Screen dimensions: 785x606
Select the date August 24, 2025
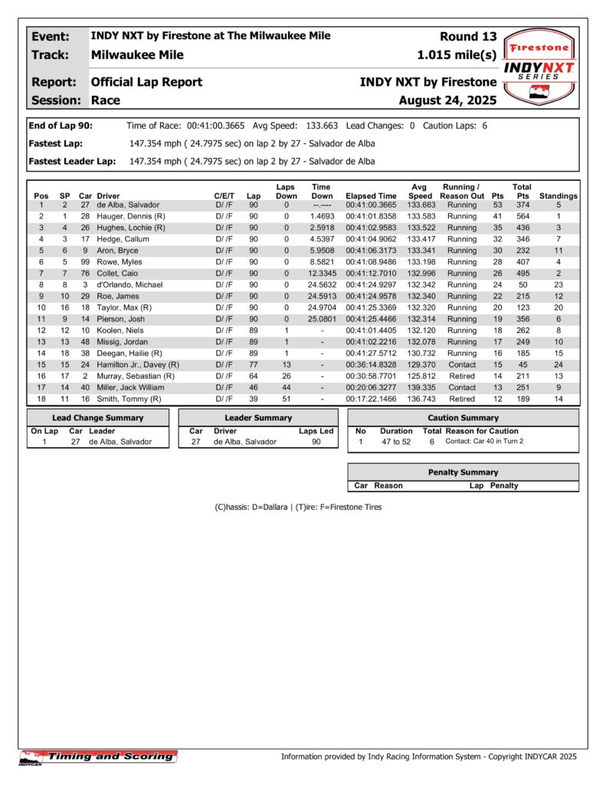tap(447, 100)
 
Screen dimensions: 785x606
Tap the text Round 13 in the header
tap(468, 36)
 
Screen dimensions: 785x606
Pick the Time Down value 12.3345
tap(322, 274)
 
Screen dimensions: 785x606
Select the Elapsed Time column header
tap(372, 196)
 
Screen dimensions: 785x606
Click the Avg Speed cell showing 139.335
tap(421, 388)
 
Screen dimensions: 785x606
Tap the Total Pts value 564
tap(522, 216)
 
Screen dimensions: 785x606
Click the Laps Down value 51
tap(286, 399)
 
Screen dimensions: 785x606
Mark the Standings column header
tap(559, 196)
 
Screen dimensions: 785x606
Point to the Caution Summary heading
tap(463, 418)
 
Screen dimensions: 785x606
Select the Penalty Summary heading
tap(463, 472)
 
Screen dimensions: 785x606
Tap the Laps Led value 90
tap(316, 442)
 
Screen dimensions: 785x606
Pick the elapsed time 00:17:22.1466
tap(372, 399)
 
